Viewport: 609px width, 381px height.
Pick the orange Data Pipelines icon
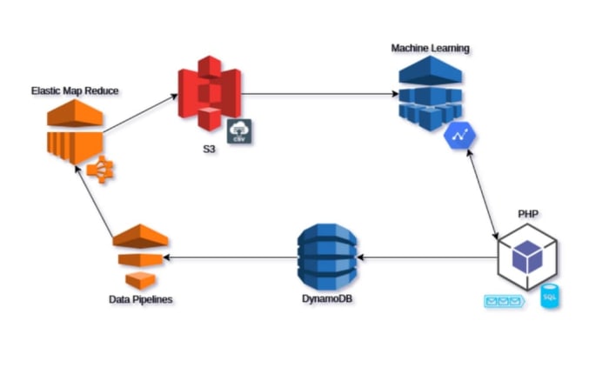tap(138, 256)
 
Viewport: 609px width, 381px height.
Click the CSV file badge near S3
tap(239, 131)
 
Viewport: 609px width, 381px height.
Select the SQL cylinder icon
tap(550, 297)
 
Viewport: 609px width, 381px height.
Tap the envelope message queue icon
tap(504, 302)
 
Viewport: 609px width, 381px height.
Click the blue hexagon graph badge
tap(457, 135)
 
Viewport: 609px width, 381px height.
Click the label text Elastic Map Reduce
tap(75, 90)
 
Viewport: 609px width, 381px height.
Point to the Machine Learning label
tap(431, 48)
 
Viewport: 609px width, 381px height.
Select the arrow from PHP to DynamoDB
tap(426, 257)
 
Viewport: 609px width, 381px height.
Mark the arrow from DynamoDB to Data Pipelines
tap(231, 257)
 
